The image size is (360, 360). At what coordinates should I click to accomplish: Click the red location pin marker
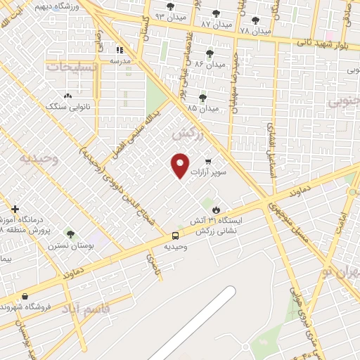(181, 165)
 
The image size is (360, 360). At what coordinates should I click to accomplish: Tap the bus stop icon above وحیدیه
(175, 236)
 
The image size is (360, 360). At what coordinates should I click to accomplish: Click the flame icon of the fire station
(217, 210)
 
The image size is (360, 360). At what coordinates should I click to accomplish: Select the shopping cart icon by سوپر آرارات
(208, 160)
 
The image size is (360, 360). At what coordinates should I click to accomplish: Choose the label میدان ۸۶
(210, 63)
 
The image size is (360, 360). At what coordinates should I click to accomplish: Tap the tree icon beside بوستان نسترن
(69, 233)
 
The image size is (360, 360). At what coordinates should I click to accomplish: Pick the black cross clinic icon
(15, 209)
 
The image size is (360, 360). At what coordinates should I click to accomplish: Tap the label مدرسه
(120, 61)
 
